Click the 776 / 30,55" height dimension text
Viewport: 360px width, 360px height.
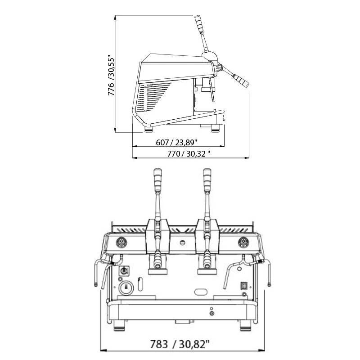[111, 75]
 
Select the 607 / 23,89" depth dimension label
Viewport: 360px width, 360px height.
[176, 143]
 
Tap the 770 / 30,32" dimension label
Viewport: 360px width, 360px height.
[189, 153]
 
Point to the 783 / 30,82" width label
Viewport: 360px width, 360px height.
[180, 344]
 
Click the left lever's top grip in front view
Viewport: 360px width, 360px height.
[157, 180]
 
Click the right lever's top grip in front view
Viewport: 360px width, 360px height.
[207, 180]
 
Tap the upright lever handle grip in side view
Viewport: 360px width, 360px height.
[199, 24]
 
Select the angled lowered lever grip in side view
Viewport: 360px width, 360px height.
[240, 81]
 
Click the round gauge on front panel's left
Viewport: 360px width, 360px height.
[121, 243]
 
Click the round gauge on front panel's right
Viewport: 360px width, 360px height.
[243, 243]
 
